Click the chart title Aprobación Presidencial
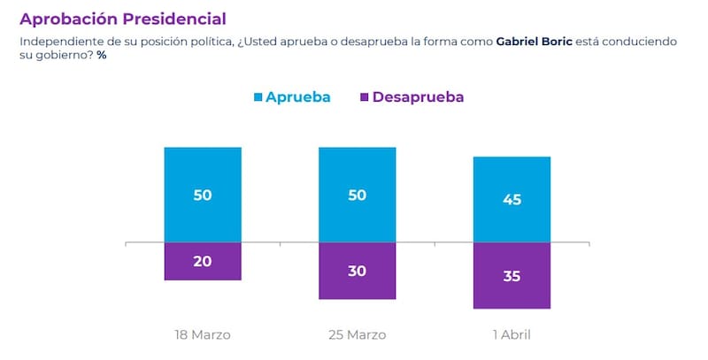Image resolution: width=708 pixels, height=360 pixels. [122, 18]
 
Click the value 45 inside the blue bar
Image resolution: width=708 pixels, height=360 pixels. [512, 199]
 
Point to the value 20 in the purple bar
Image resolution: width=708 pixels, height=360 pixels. [203, 262]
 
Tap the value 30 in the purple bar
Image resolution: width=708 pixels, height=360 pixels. [357, 272]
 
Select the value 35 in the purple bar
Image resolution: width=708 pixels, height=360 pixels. [512, 276]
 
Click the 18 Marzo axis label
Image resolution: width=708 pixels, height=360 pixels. [203, 335]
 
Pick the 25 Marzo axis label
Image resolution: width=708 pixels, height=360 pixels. [357, 335]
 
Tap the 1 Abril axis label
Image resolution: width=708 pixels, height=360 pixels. [512, 335]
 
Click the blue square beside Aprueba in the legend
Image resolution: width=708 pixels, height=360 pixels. [258, 97]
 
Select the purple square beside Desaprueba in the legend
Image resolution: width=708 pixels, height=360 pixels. [364, 97]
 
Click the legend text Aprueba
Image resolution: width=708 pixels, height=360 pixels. [298, 97]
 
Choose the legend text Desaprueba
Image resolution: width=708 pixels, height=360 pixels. [418, 97]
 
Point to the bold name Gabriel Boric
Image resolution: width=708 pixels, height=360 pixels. [534, 42]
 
